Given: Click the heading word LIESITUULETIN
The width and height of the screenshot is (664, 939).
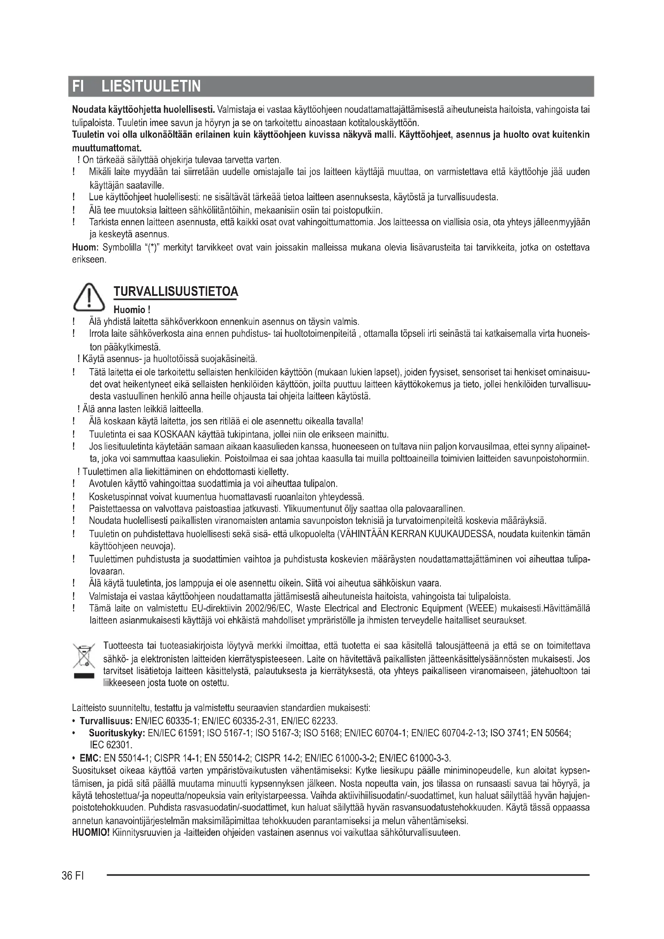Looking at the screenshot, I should [151, 87].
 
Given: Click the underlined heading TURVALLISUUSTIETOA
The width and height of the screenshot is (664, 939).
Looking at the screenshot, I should [175, 291].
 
